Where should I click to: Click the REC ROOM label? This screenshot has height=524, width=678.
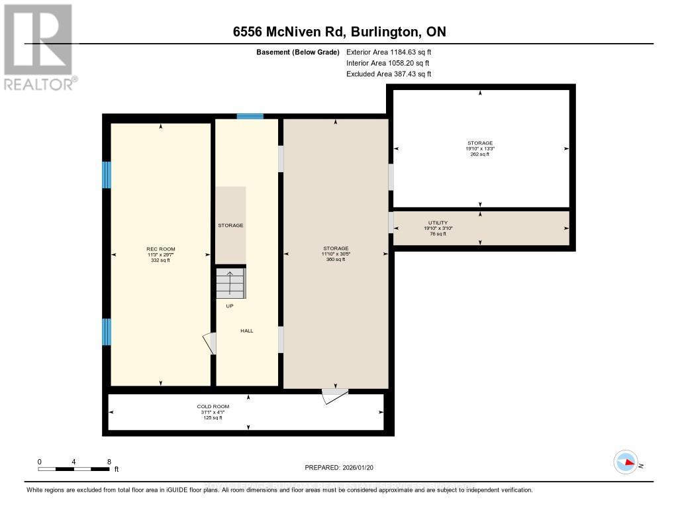(160, 249)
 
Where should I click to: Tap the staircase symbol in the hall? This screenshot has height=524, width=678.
(230, 284)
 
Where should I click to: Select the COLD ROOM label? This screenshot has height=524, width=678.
(213, 406)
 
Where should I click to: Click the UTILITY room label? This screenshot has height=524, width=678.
(438, 223)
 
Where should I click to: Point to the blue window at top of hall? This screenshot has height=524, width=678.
(250, 116)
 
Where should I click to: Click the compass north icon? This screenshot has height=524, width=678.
(626, 462)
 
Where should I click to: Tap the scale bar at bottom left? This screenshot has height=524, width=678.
(73, 468)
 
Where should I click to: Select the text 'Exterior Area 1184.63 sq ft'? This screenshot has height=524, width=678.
(389, 52)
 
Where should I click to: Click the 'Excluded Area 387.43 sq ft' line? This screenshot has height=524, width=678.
(389, 74)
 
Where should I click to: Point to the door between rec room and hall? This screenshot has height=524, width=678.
(210, 343)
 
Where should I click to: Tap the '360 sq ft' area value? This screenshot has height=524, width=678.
(336, 260)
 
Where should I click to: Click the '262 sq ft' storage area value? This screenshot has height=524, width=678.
(480, 154)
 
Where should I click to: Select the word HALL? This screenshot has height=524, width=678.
(246, 331)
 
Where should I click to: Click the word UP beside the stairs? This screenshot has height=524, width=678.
(230, 306)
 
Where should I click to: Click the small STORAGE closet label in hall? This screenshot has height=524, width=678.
(230, 225)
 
